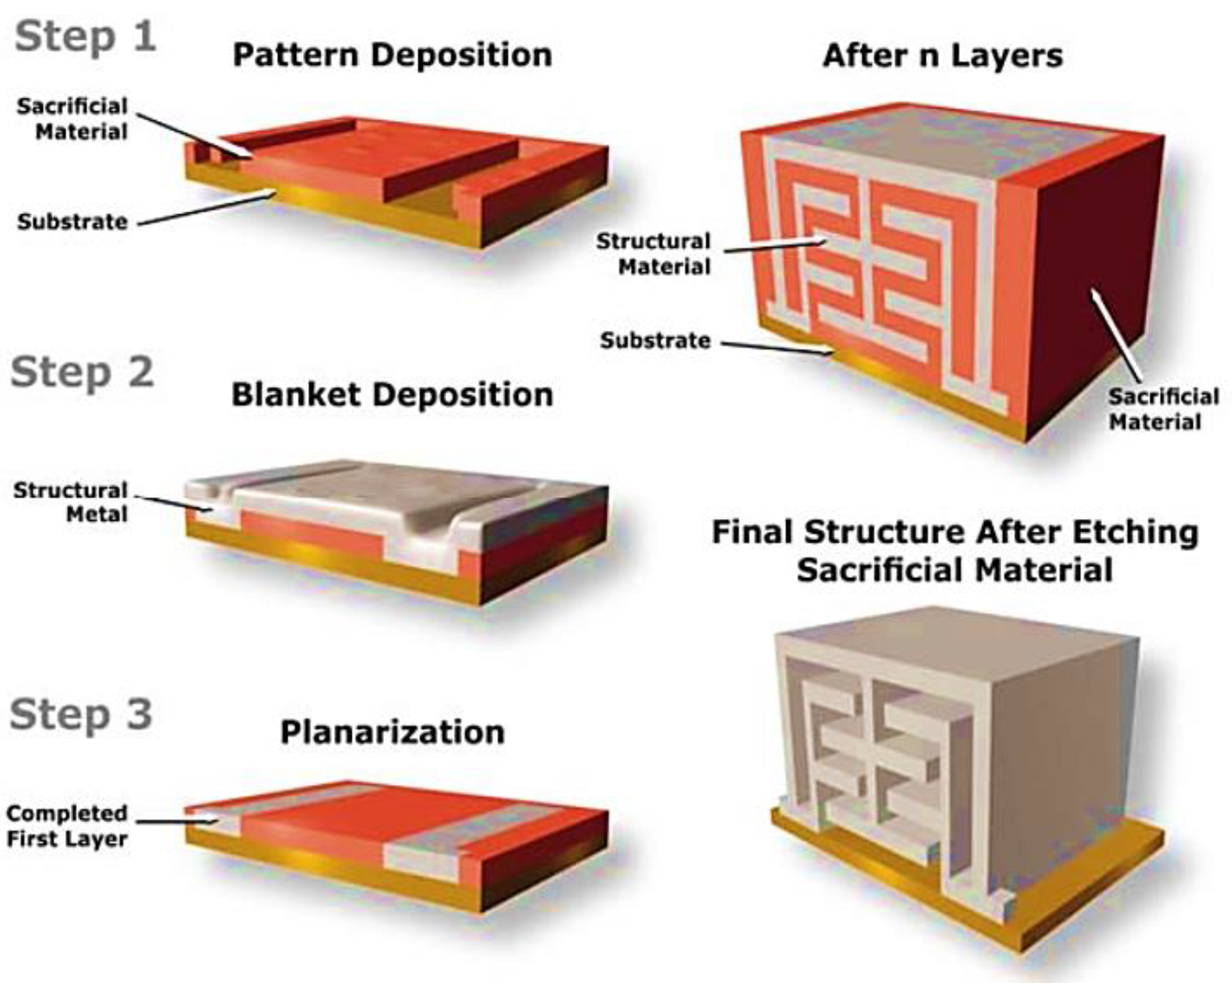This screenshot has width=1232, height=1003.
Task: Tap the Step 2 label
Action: coord(83,373)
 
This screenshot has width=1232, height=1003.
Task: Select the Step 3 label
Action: coord(81,715)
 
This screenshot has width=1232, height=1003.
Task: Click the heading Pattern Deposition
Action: coord(392,56)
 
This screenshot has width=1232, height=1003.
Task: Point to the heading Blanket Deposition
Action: coord(392,396)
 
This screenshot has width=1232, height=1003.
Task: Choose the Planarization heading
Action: coord(392,732)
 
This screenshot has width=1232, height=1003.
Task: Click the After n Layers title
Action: coord(942,56)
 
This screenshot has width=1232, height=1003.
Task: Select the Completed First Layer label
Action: coord(67,826)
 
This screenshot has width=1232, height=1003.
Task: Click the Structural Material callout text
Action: coord(653,254)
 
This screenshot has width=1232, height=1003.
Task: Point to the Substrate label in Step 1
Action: coord(72,222)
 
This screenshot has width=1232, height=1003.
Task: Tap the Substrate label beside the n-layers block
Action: coord(656,341)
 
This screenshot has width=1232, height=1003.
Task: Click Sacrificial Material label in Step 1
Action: coord(72,119)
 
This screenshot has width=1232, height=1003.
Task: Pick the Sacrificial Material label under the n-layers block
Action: coord(1163,409)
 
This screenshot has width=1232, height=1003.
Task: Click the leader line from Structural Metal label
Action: coord(173,504)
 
